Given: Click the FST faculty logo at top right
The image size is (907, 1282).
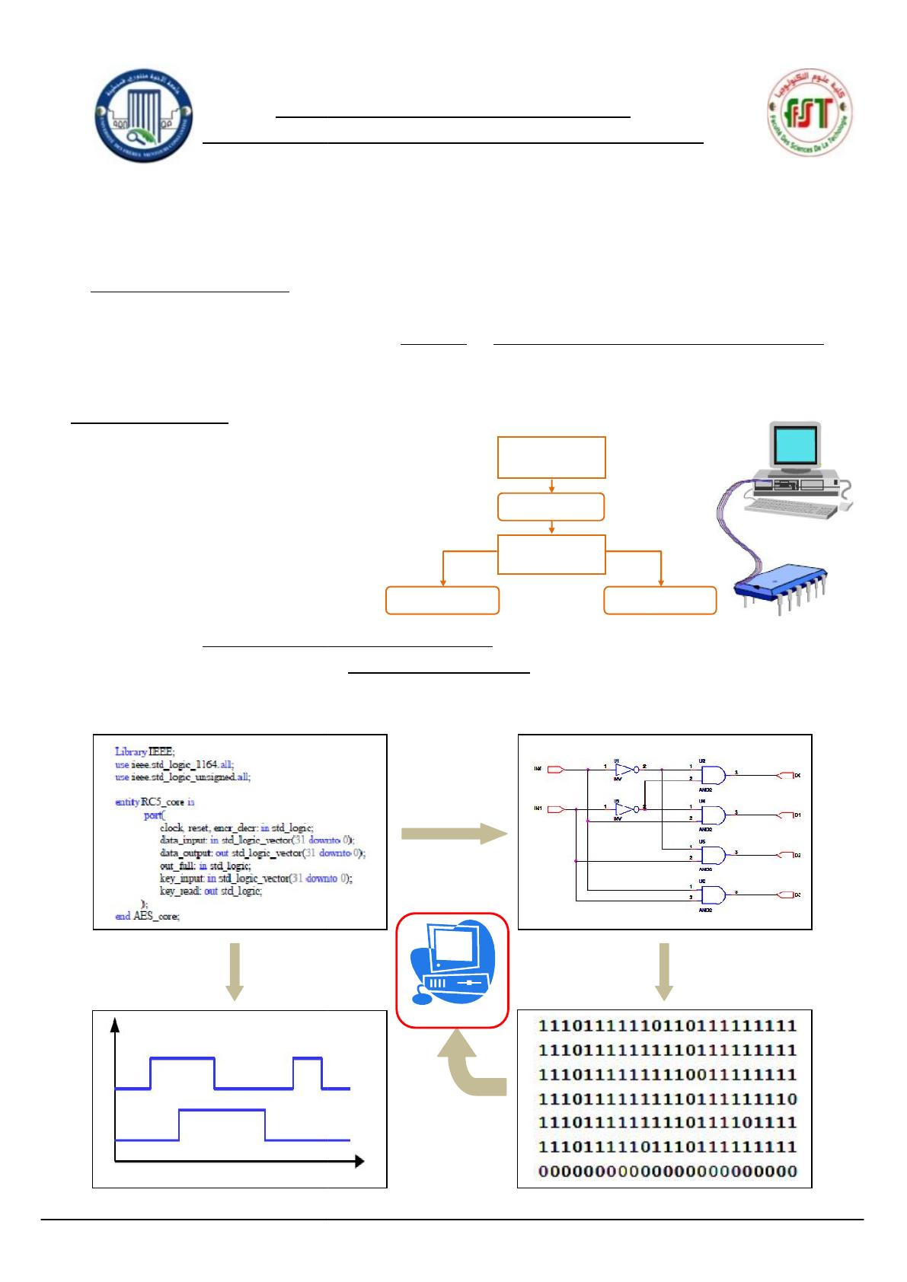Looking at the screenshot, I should (809, 113).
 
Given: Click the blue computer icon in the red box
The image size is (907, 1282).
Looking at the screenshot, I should (452, 969).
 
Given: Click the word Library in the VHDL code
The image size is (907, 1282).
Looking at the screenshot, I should (131, 751).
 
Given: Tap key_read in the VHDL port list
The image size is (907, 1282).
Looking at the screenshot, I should (180, 891).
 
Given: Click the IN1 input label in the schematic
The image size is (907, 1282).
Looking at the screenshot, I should (538, 808).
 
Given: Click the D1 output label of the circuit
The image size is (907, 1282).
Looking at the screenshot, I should (797, 815).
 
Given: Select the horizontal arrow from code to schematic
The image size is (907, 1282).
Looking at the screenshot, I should (453, 834).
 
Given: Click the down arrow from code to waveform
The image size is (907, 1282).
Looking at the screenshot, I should (235, 971).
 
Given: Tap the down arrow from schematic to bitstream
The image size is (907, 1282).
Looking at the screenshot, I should (664, 971).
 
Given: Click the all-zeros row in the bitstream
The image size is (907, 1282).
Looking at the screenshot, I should (667, 1171).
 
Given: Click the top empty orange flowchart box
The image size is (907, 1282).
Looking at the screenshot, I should (551, 458).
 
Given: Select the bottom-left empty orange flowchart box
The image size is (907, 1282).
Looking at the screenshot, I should (442, 600).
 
